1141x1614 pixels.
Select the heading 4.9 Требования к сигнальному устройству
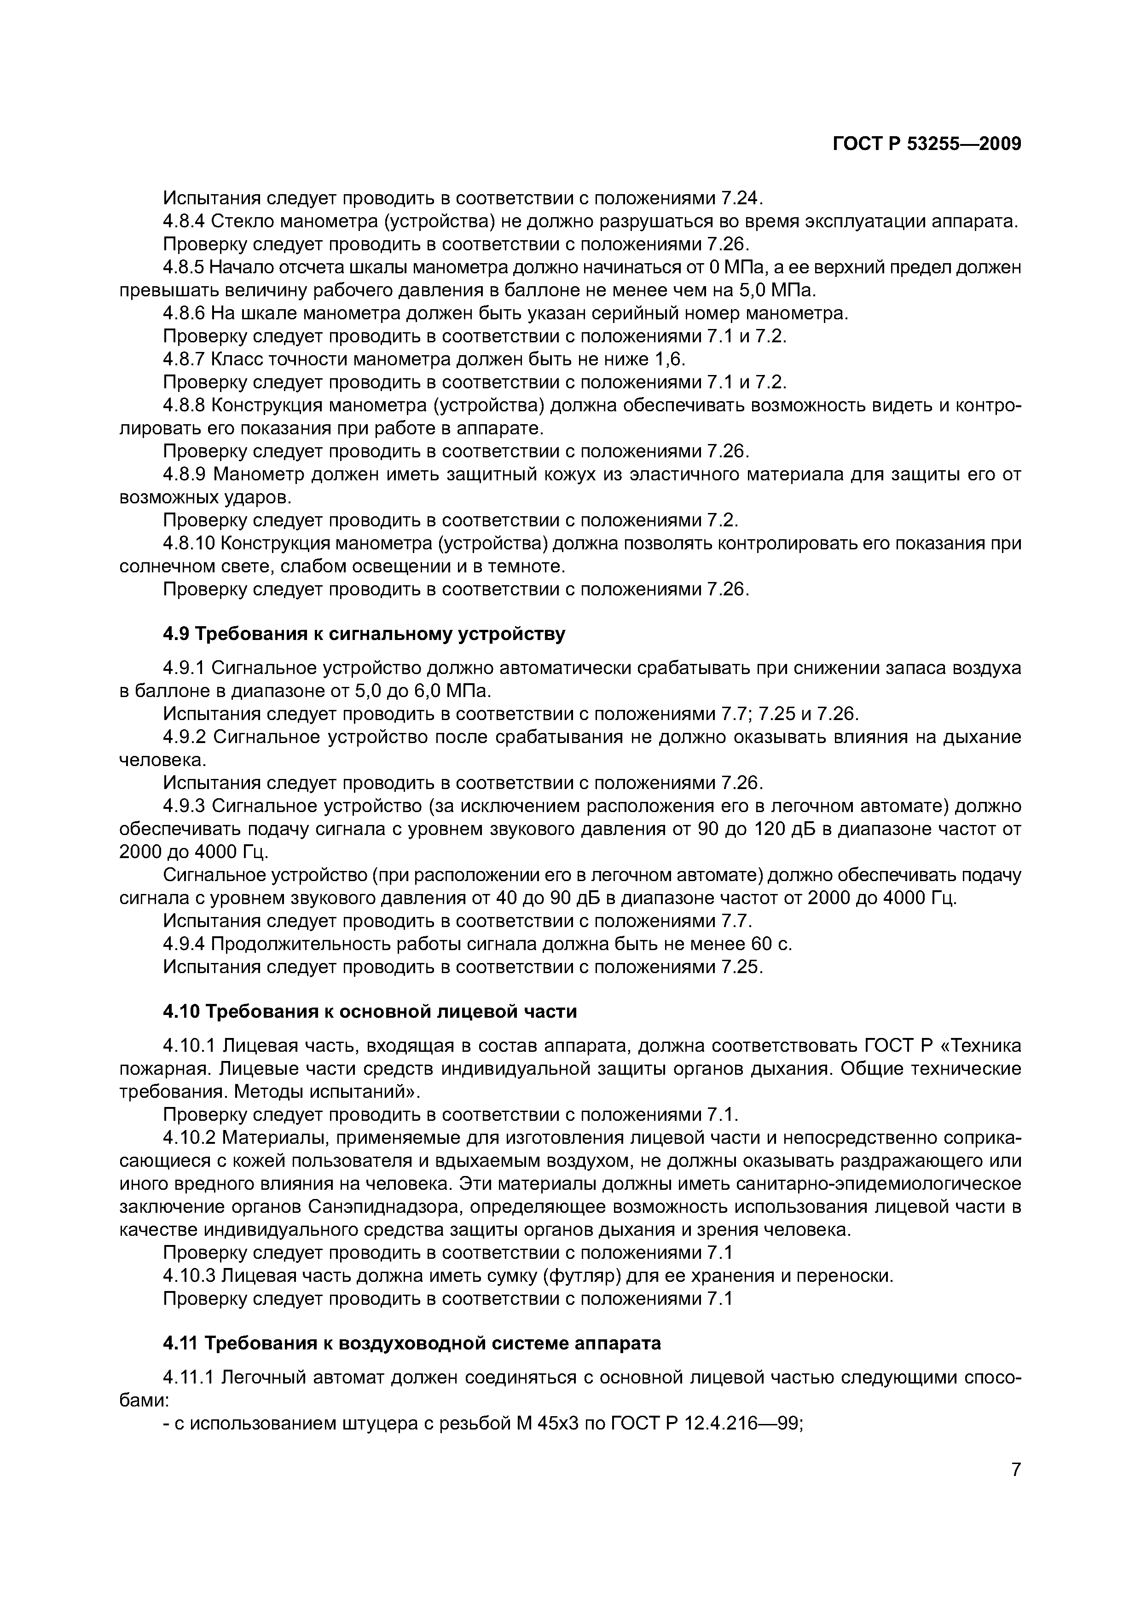[x=364, y=634]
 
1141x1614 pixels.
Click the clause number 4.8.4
[x=184, y=221]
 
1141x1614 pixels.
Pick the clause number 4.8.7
[x=184, y=359]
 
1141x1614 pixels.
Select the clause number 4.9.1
[x=184, y=668]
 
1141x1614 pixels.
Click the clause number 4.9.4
[x=184, y=944]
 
